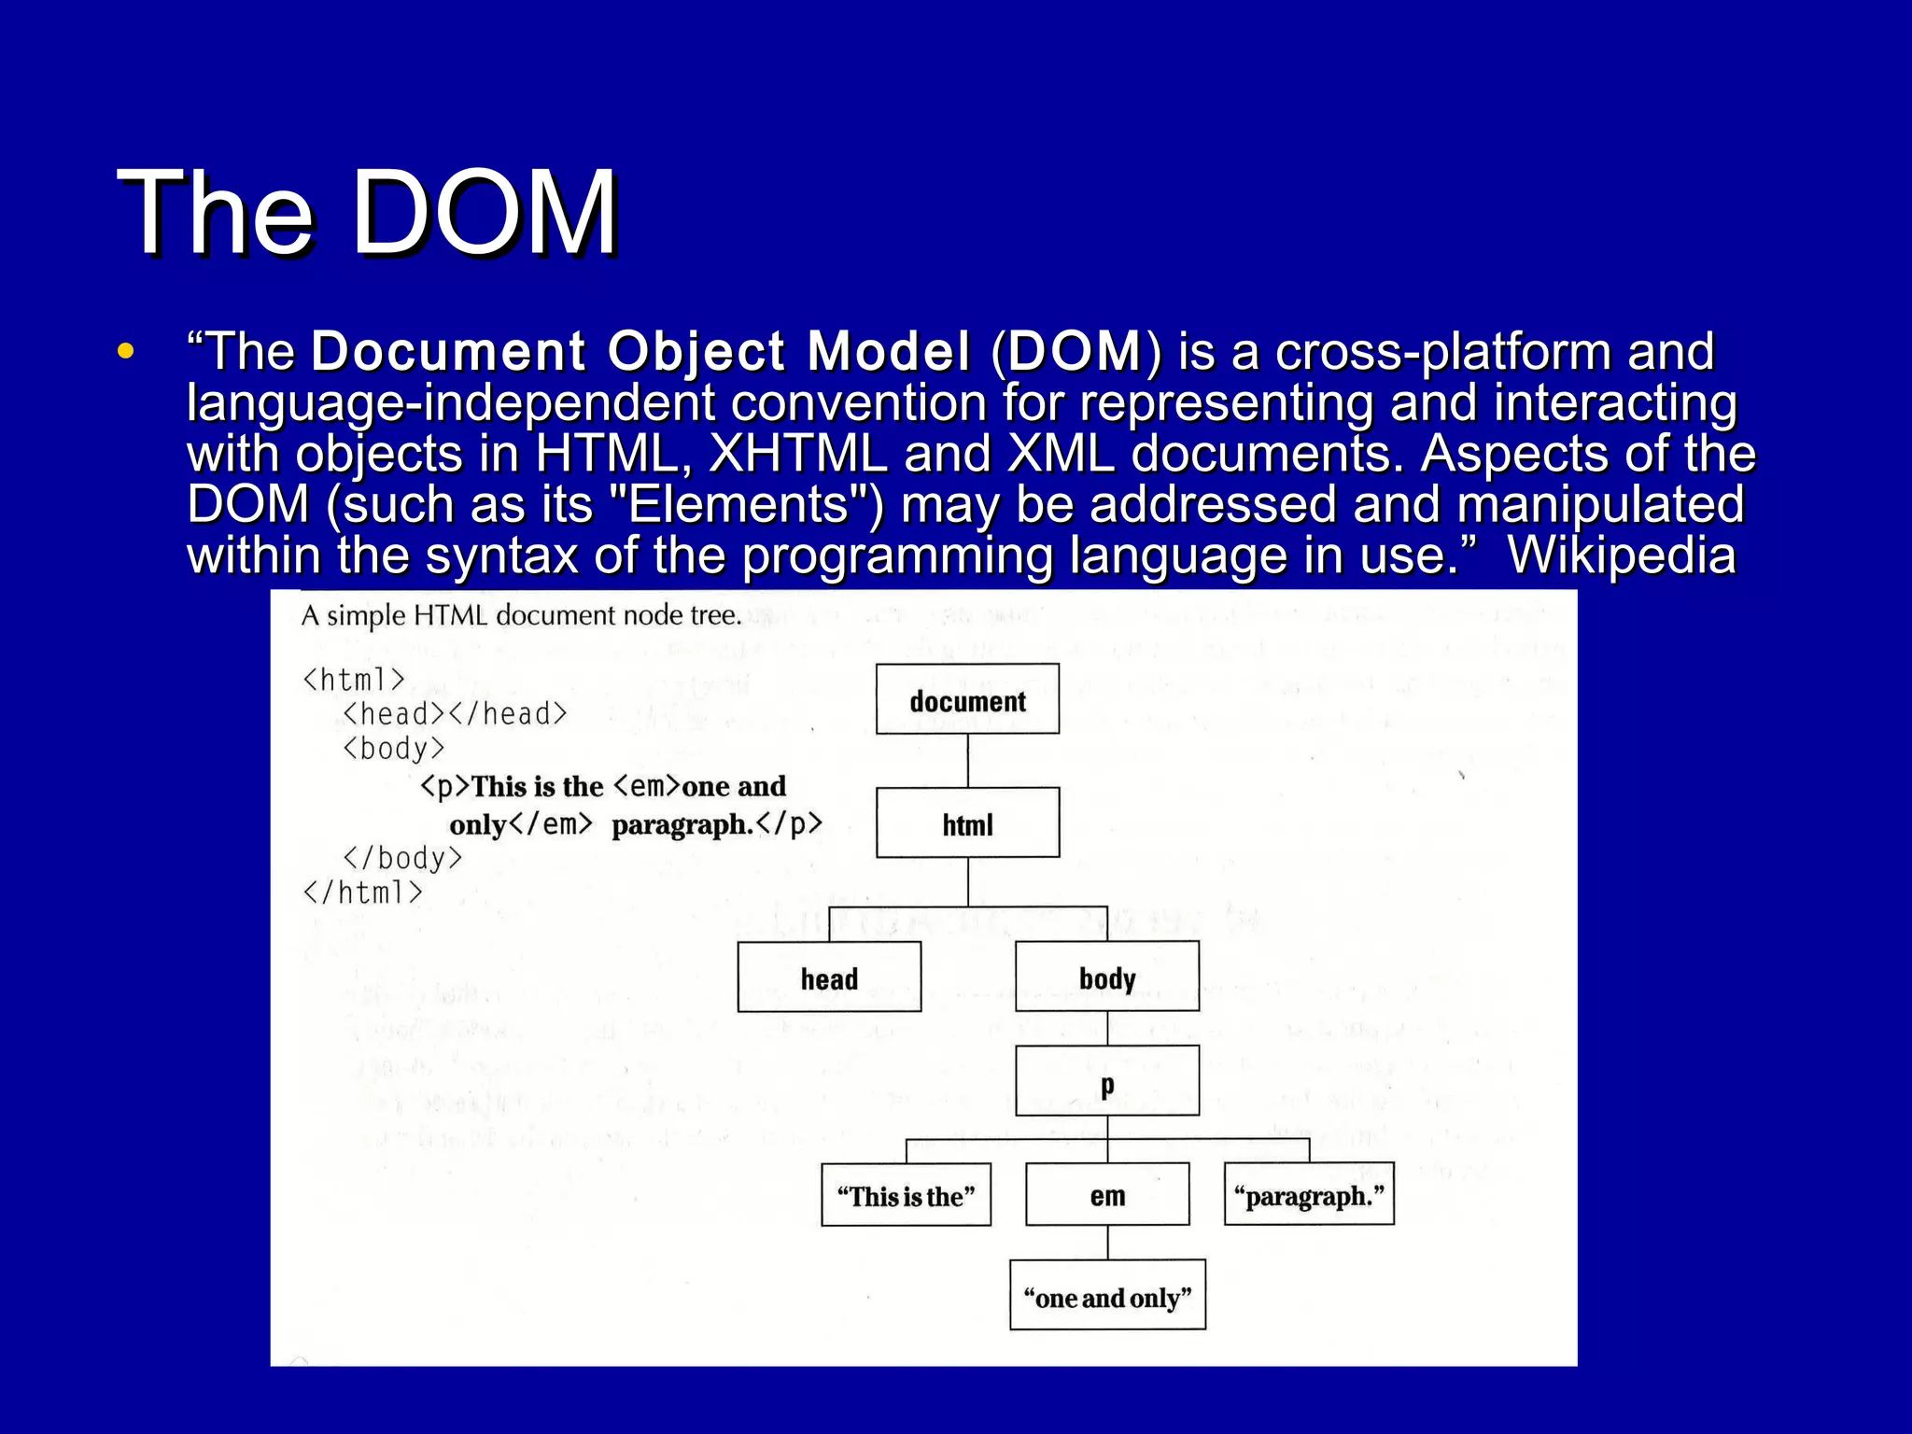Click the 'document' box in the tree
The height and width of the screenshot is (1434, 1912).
967,699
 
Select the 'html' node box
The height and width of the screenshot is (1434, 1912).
967,822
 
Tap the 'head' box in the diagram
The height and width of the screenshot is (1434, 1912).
829,977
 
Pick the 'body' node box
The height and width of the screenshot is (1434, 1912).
1107,977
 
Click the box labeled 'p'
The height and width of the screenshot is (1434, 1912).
1107,1081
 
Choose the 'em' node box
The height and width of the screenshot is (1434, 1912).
1107,1194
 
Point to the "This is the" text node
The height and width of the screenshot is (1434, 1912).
906,1194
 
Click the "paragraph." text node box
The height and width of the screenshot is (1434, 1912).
1309,1194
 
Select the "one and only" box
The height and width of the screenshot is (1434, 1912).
1107,1295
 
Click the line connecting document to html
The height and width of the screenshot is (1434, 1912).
967,760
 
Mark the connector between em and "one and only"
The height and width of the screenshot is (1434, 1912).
1107,1243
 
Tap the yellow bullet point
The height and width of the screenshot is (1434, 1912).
126,353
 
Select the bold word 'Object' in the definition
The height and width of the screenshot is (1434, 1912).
696,352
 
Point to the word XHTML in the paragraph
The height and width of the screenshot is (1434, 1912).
798,454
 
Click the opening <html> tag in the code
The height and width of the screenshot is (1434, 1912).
354,679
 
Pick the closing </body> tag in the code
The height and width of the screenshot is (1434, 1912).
402,857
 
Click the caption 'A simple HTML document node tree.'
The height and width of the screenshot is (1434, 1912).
521,616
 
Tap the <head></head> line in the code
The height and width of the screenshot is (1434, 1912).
455,714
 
